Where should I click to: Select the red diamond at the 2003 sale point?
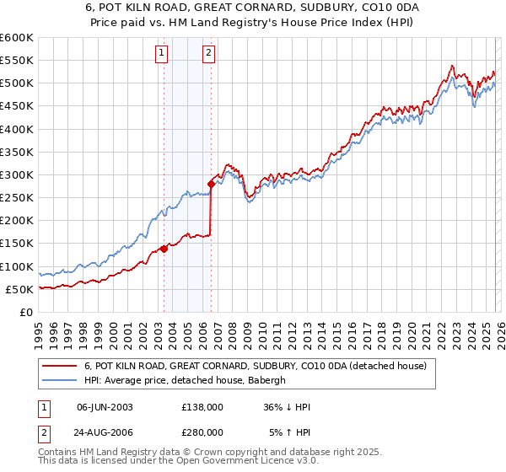(x=164, y=249)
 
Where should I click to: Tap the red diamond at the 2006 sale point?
(x=211, y=183)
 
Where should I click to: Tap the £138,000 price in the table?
(x=202, y=407)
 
